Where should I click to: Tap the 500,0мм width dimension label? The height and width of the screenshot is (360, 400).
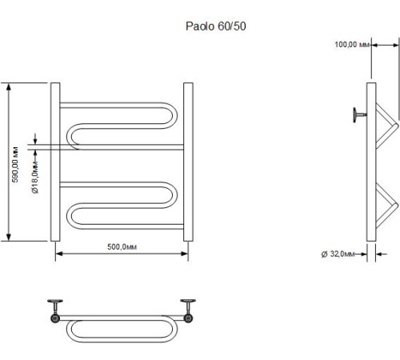tap(122, 246)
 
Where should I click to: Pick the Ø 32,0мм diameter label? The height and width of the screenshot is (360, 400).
tap(337, 254)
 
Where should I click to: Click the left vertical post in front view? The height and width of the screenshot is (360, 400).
tap(55, 160)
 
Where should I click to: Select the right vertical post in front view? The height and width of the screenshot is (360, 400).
tap(188, 160)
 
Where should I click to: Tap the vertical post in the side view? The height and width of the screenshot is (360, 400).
tap(370, 160)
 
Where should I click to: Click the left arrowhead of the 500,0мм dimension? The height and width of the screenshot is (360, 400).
tap(58, 255)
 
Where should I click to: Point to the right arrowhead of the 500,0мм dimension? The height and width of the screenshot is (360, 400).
tap(185, 255)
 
